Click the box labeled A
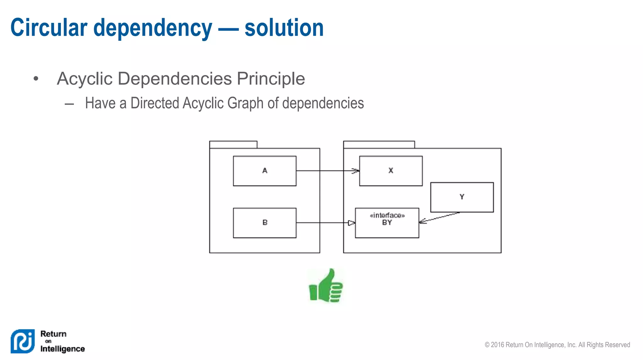coord(264,171)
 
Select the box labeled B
coord(264,223)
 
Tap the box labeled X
coord(391,171)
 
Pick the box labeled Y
coord(462,197)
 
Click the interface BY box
coord(387,223)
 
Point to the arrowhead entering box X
coord(356,171)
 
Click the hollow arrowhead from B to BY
coord(351,223)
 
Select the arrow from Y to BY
coord(440,217)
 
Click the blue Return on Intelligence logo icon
coord(23,341)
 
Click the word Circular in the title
coord(49,28)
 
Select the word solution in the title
coord(284,28)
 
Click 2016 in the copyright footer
coord(498,345)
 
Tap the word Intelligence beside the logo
coord(62,349)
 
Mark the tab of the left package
coord(233,144)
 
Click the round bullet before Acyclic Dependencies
coord(36,78)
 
